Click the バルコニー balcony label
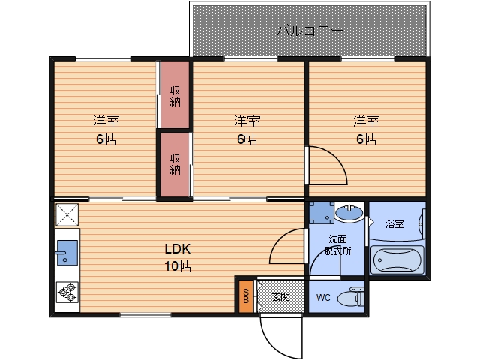tap(310, 31)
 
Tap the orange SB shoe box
tap(246, 297)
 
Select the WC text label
tap(323, 297)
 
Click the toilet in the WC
tap(351, 297)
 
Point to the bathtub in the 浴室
tap(397, 259)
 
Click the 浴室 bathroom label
tap(395, 224)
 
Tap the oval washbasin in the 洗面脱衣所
tap(349, 212)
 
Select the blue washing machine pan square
tap(322, 212)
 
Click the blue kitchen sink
tap(67, 253)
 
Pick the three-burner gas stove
tap(67, 292)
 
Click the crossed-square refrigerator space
tap(67, 215)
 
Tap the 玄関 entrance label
tap(280, 296)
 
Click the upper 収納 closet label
tap(175, 96)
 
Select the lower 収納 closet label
tap(175, 164)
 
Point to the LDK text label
tap(178, 249)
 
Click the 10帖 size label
tap(178, 266)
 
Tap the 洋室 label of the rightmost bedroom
tap(367, 121)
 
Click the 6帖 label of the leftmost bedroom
tap(106, 139)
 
